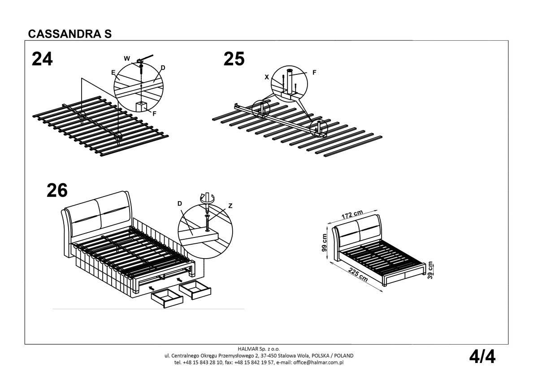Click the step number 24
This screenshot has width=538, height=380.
(42, 59)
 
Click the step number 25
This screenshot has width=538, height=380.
(234, 59)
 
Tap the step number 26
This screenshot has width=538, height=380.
(57, 190)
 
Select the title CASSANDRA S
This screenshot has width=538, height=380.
(69, 34)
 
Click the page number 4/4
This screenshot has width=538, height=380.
(482, 357)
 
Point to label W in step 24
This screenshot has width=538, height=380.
(127, 59)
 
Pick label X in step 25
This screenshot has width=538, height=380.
(267, 77)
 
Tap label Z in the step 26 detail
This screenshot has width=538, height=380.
(230, 206)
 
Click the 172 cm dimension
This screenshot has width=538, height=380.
(352, 214)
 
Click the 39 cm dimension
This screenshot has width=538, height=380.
(431, 270)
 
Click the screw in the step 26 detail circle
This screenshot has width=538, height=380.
(207, 223)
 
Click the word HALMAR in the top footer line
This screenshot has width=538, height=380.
(247, 349)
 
